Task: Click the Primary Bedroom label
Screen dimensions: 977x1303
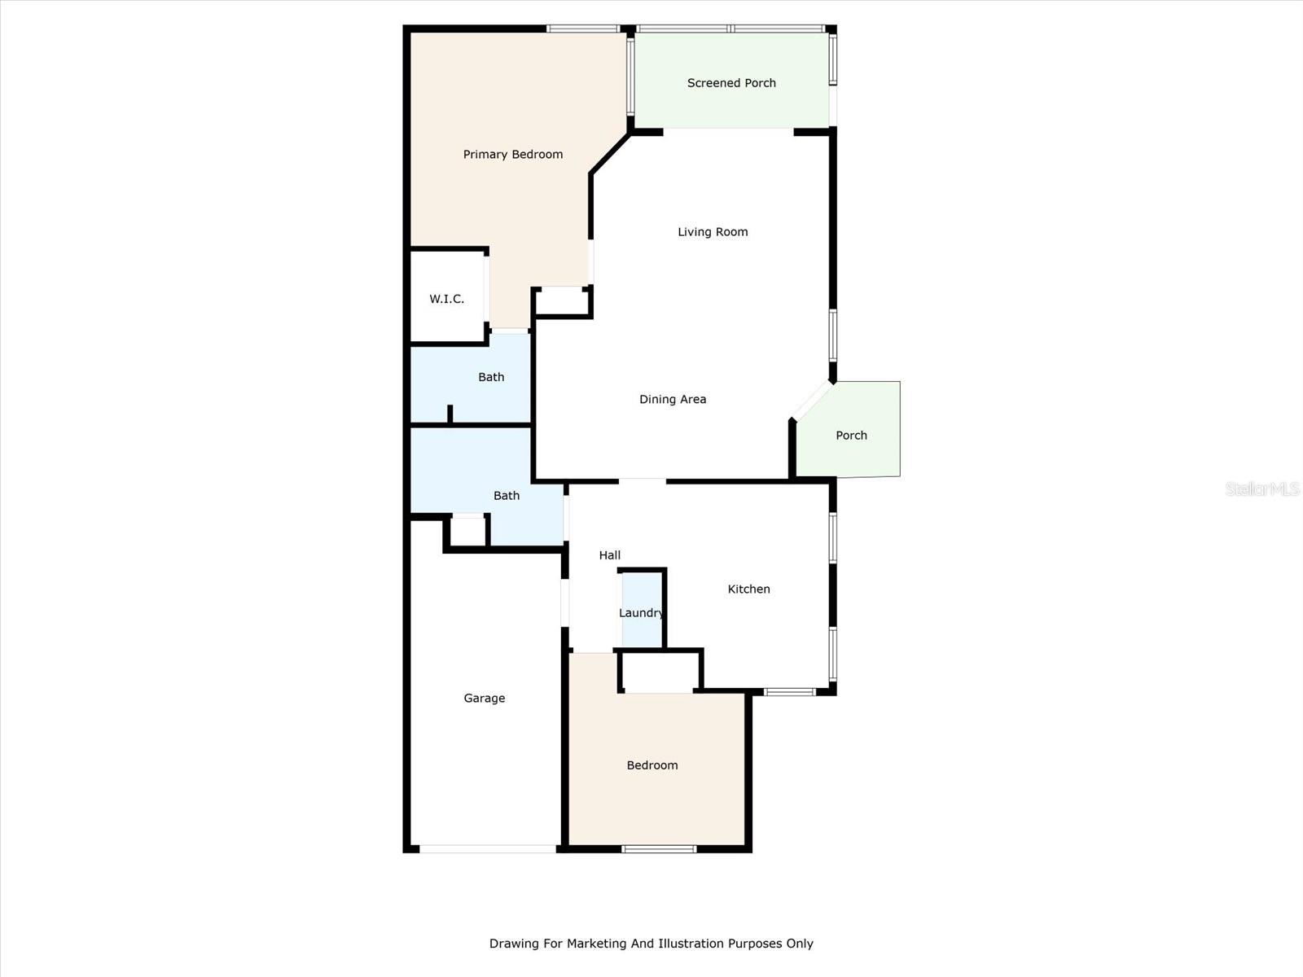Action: coord(512,155)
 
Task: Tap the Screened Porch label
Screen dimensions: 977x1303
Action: coord(731,83)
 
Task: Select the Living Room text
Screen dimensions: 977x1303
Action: coord(713,232)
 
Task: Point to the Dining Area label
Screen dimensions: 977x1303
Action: coord(673,399)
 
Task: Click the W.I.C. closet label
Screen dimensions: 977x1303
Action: coord(447,299)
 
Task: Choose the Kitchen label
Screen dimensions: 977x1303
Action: coord(748,589)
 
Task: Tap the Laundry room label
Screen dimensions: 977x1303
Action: coord(641,613)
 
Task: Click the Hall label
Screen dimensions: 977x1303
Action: coord(610,555)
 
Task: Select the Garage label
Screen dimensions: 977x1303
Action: coord(485,698)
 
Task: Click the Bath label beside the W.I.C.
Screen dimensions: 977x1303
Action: coord(491,377)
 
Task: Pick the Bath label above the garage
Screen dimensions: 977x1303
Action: coord(507,495)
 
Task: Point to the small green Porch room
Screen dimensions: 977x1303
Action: coord(851,436)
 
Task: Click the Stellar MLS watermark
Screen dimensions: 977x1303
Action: coord(1262,488)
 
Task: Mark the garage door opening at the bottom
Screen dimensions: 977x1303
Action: coord(487,849)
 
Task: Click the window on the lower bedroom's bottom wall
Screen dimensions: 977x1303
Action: coord(659,849)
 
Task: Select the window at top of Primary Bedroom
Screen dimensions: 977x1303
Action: coord(583,29)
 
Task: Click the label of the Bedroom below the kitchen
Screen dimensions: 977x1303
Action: coord(652,765)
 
